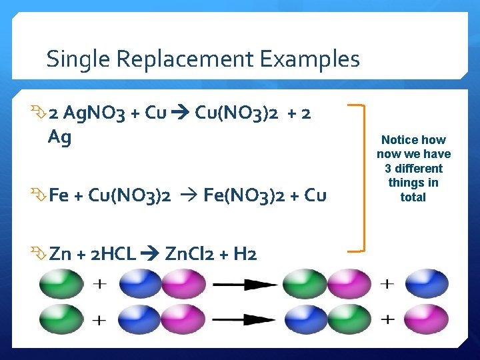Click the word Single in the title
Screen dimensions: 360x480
pos(78,59)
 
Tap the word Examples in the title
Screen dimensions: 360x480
pos(309,59)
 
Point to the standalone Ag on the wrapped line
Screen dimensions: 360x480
pos(60,138)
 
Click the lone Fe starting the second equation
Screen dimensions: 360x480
pos(59,195)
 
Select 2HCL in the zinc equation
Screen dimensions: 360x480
pos(111,254)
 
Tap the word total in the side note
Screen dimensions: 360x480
pos(413,197)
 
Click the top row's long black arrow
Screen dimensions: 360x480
pos(245,285)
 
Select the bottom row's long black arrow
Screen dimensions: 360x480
pos(245,319)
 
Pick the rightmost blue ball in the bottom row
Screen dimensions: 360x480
pos(427,319)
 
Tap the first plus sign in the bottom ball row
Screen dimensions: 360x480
pos(99,319)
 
